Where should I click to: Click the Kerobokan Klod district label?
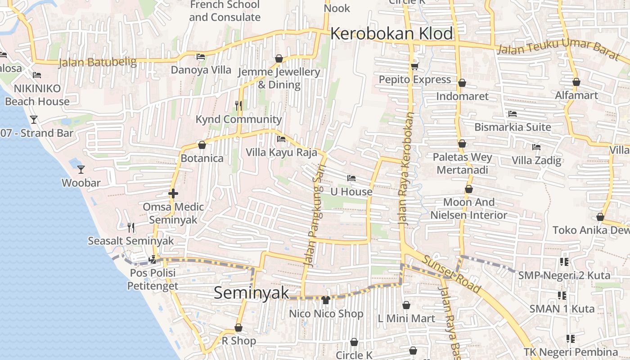391,34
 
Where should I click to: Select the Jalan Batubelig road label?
98,62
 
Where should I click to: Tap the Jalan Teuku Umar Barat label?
558,49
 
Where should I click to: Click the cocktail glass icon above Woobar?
81,169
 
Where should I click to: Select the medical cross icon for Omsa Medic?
173,193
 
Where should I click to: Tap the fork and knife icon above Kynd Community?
238,106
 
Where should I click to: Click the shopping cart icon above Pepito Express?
414,67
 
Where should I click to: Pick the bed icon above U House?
351,179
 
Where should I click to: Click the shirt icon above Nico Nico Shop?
326,300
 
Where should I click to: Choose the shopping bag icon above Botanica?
202,145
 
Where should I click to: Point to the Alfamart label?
576,95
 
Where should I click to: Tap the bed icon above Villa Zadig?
536,147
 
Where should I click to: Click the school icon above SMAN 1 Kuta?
562,296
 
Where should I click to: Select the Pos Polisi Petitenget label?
153,279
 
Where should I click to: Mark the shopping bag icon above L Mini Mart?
406,306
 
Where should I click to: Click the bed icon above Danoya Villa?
201,57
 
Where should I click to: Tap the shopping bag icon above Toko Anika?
600,217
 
